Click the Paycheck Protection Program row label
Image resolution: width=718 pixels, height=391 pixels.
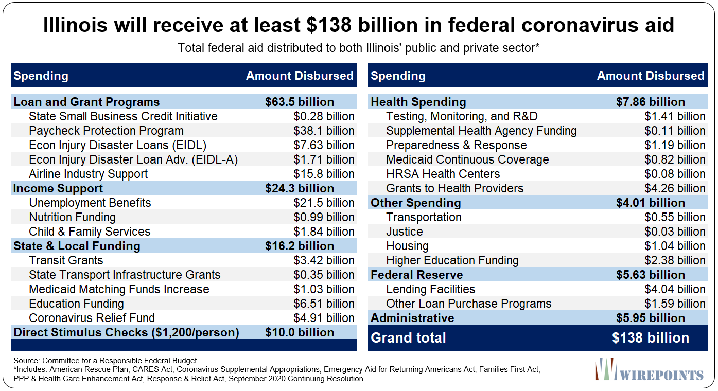click(x=106, y=131)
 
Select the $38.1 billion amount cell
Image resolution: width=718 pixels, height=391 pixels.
click(x=324, y=131)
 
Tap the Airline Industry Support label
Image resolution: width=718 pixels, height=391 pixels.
click(x=88, y=174)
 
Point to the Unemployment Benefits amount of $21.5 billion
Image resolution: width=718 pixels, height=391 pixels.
click(x=324, y=203)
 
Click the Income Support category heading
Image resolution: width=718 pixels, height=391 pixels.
click(x=58, y=188)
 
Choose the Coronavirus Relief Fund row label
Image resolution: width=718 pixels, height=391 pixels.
click(x=92, y=318)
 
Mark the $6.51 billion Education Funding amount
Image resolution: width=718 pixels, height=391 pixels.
click(x=324, y=304)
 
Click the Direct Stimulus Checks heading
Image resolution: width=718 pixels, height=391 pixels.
click(x=126, y=332)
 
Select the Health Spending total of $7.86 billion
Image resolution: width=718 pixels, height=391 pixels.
click(x=651, y=102)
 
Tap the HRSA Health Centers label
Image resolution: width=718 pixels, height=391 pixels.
click(x=443, y=174)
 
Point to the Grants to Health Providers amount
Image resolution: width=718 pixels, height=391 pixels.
click(x=675, y=188)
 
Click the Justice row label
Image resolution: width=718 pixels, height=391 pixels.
click(x=404, y=232)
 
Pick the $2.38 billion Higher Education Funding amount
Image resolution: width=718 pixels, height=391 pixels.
click(x=675, y=260)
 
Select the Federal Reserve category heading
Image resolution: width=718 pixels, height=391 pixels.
click(x=417, y=275)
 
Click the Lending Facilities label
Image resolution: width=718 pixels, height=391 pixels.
click(x=430, y=289)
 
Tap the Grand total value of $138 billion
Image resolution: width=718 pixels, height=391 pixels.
click(x=651, y=338)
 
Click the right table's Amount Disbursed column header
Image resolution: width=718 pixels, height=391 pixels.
click(x=651, y=76)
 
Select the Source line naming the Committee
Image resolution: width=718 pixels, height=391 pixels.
click(x=105, y=361)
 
